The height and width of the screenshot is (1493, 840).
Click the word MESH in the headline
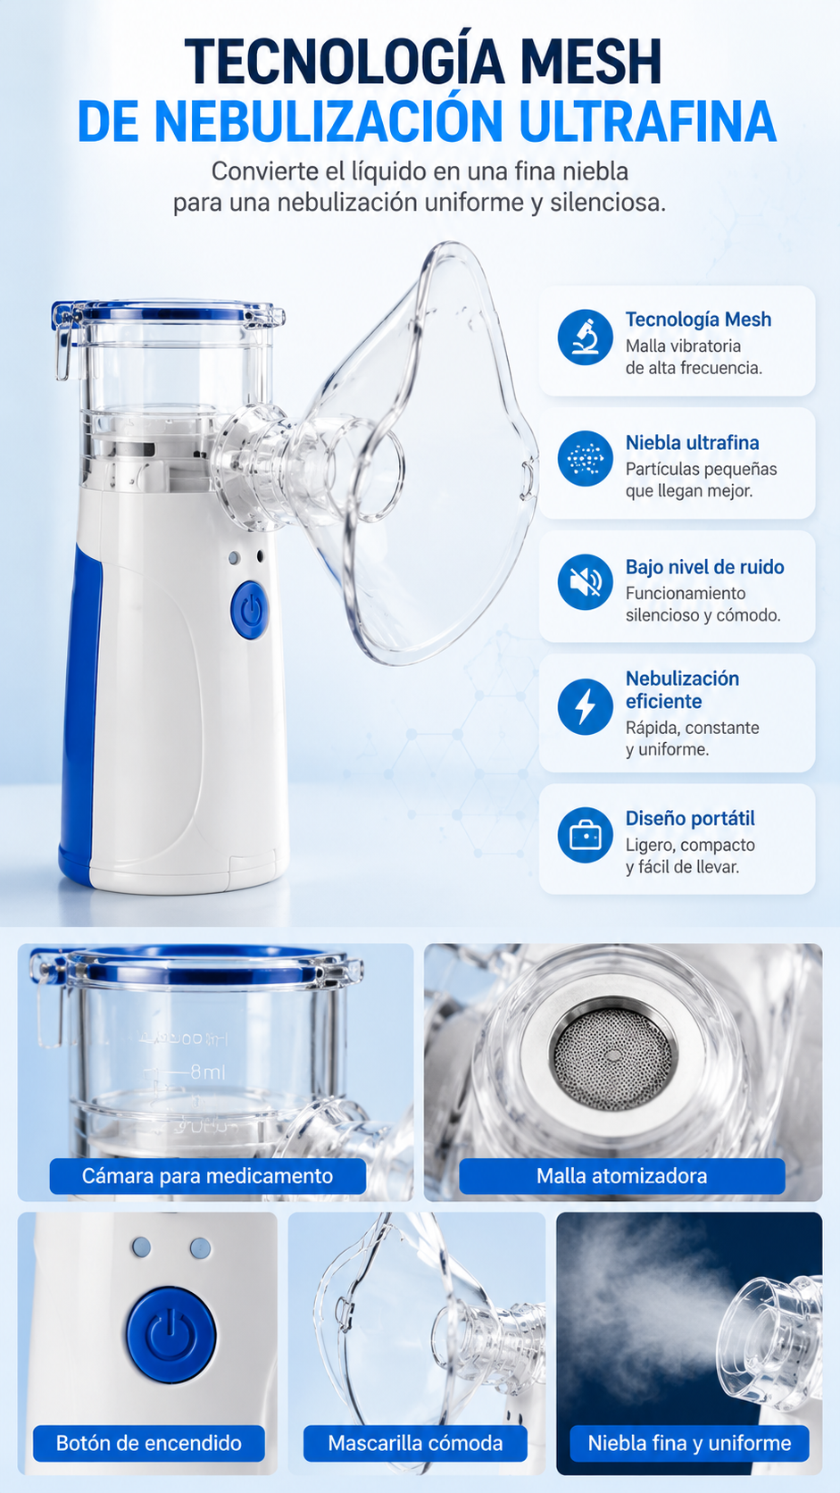point(590,61)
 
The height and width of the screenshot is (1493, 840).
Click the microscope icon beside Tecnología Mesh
point(585,337)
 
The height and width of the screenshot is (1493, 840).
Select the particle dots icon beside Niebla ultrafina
point(585,459)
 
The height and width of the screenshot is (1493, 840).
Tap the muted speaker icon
point(585,582)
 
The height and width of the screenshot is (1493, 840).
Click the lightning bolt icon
point(585,706)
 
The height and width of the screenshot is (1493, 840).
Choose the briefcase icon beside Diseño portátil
point(585,835)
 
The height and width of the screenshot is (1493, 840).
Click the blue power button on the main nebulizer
point(250,610)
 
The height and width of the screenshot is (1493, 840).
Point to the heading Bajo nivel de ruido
point(705,567)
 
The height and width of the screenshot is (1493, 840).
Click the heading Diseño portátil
point(690,819)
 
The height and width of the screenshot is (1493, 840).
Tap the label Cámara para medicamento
point(207,1176)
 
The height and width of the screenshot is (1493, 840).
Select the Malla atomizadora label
point(621,1176)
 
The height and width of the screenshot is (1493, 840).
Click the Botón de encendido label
point(148,1443)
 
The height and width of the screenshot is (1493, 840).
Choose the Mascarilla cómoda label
point(415,1443)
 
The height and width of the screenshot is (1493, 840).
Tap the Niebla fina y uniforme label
point(689,1443)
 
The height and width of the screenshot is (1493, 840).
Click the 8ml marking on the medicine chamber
point(208,1072)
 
